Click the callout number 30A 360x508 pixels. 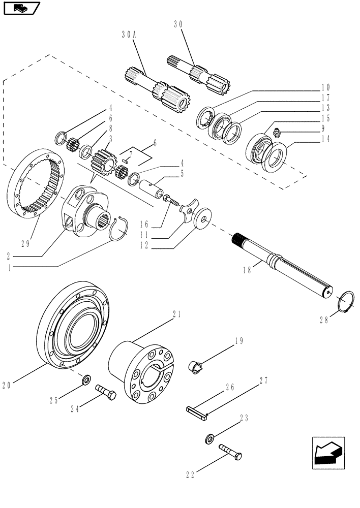(129, 35)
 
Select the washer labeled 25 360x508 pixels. (86, 379)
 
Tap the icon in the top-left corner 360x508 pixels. (21, 8)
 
